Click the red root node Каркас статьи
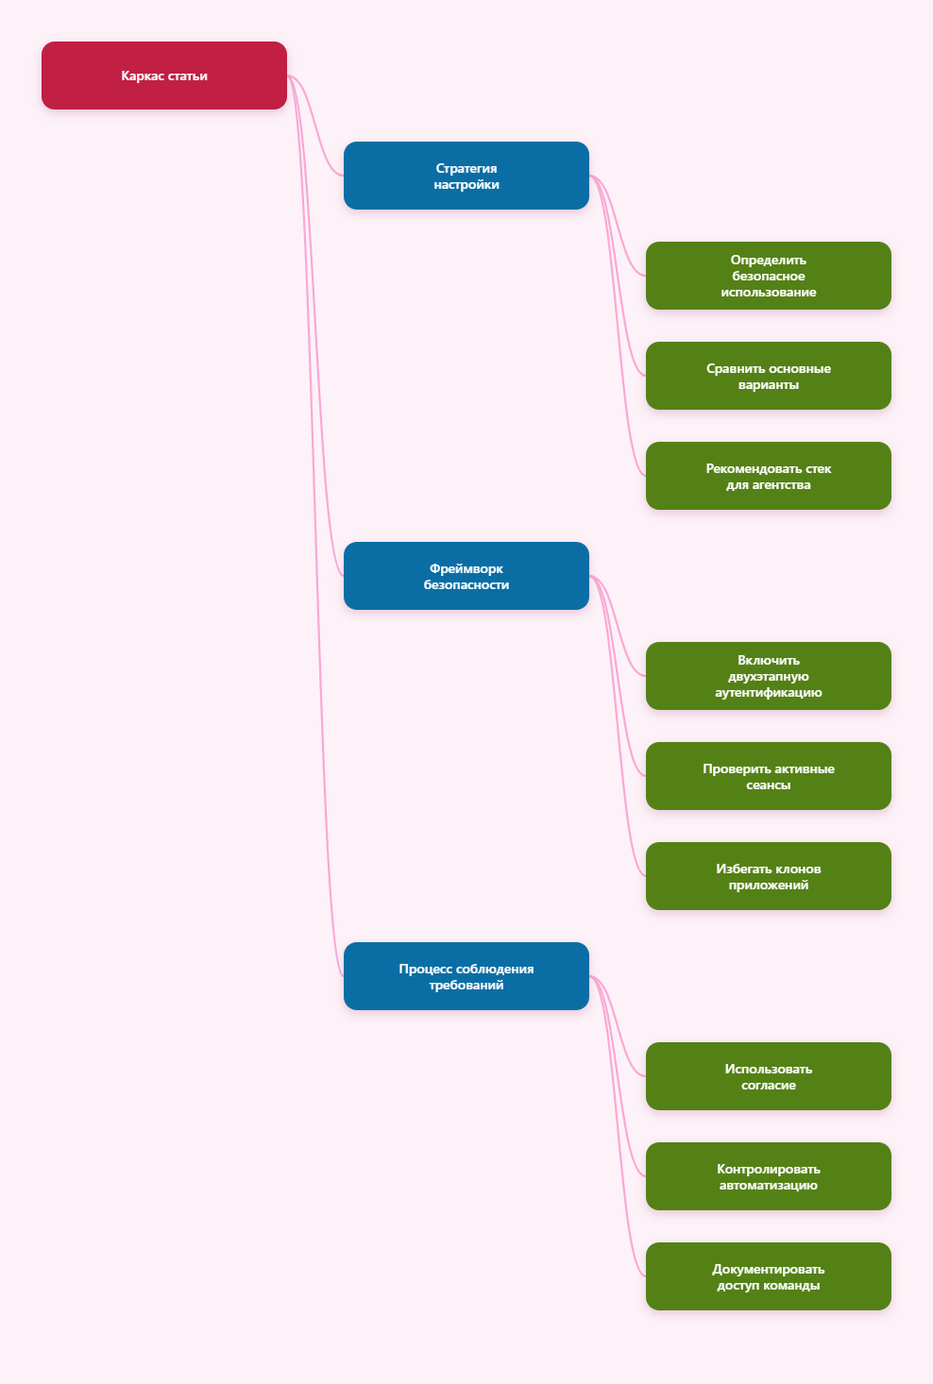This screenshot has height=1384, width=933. pyautogui.click(x=163, y=76)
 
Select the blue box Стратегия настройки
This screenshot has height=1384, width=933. pyautogui.click(x=466, y=176)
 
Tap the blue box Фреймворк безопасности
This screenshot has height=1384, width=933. pyautogui.click(x=466, y=576)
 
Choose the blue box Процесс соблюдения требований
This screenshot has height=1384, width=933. pyautogui.click(x=466, y=976)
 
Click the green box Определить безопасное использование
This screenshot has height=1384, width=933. pyautogui.click(x=768, y=276)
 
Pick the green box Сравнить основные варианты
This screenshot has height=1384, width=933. pyautogui.click(x=768, y=376)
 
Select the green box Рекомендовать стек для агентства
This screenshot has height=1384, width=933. pyautogui.click(x=768, y=476)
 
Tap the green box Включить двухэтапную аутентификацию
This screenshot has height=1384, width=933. pyautogui.click(x=768, y=676)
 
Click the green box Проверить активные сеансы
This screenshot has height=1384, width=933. pyautogui.click(x=768, y=776)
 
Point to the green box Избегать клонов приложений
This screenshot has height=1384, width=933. pyautogui.click(x=768, y=876)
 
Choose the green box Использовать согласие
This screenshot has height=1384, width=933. pyautogui.click(x=768, y=1076)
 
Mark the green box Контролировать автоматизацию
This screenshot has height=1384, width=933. pyautogui.click(x=768, y=1176)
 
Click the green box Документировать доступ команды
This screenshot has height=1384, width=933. pyautogui.click(x=768, y=1276)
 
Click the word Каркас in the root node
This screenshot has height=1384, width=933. pyautogui.click(x=142, y=76)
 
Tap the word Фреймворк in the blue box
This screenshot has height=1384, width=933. pyautogui.click(x=466, y=568)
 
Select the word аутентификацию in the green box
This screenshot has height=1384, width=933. pyautogui.click(x=768, y=693)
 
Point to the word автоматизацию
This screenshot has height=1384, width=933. pyautogui.click(x=768, y=1185)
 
